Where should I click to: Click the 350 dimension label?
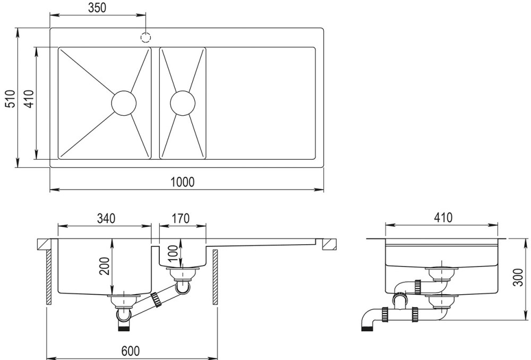pyautogui.click(x=97, y=7)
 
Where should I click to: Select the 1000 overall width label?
pyautogui.click(x=183, y=182)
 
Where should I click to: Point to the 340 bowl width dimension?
pyautogui.click(x=106, y=218)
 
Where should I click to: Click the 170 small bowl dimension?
pyautogui.click(x=181, y=218)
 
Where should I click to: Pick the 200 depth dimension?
pyautogui.click(x=104, y=266)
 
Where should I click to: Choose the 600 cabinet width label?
pyautogui.click(x=131, y=352)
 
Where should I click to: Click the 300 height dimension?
pyautogui.click(x=518, y=277)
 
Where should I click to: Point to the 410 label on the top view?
pyautogui.click(x=30, y=99)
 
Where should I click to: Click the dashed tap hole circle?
pyautogui.click(x=145, y=37)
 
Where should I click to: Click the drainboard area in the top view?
pyautogui.click(x=260, y=103)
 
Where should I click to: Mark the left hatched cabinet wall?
pyautogui.click(x=49, y=277)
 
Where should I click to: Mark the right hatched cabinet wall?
pyautogui.click(x=216, y=277)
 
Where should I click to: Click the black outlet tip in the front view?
pyautogui.click(x=123, y=328)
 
